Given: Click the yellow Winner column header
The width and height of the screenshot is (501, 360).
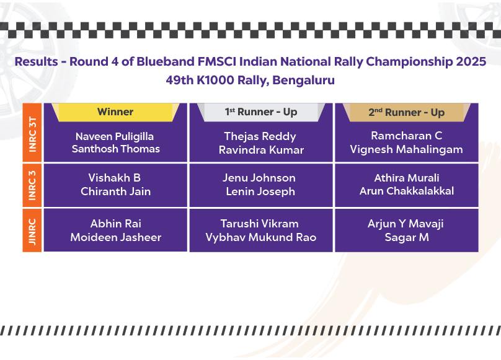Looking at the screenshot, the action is [x=115, y=112].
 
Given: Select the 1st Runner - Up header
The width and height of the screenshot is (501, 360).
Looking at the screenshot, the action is [x=261, y=112].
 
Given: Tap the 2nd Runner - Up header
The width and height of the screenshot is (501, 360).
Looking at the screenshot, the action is [x=406, y=112].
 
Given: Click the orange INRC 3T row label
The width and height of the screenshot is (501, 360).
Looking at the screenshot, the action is [x=32, y=133].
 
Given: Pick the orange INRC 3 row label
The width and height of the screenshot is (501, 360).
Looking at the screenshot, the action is [x=32, y=185].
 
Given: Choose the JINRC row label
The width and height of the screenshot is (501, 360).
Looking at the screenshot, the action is [x=32, y=230].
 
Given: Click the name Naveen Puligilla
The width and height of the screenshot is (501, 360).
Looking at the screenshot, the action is [x=115, y=137].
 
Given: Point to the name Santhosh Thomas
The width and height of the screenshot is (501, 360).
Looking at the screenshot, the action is [x=116, y=149].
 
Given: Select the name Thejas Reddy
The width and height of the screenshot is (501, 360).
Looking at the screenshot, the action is [x=260, y=137].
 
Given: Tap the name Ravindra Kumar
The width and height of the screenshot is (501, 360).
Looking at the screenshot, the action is [x=262, y=150].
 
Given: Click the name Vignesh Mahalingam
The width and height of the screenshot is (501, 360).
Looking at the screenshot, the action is [x=406, y=149].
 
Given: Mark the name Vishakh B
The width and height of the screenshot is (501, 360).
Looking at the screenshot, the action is [x=114, y=178].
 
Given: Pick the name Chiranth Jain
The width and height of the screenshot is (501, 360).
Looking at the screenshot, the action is [x=116, y=191].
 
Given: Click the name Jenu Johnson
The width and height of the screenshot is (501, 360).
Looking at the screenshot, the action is [x=259, y=178].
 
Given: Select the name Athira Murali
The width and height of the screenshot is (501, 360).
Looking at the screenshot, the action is [x=407, y=178].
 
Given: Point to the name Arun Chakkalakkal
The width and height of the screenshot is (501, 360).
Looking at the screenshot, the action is [x=407, y=191].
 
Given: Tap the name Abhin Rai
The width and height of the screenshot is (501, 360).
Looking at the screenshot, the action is [x=116, y=224].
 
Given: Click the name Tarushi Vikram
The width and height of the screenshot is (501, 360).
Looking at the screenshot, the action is [x=259, y=224].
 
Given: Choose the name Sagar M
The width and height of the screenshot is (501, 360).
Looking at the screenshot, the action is [x=407, y=237].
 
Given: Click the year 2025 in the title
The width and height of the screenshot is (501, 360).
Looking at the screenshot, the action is [x=471, y=61].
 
